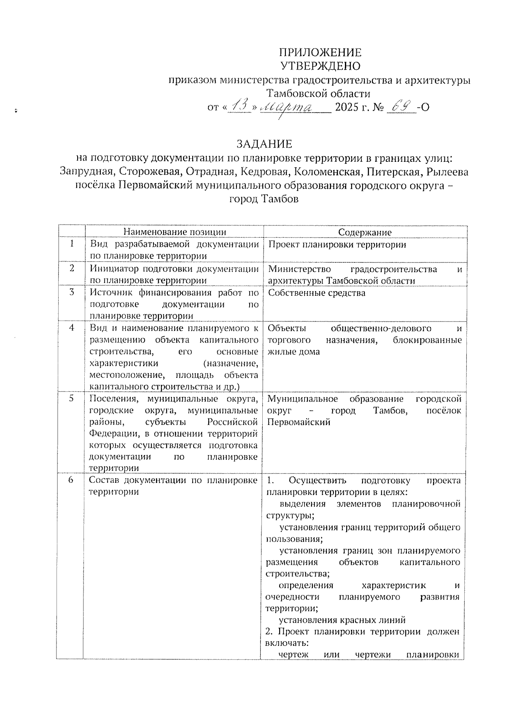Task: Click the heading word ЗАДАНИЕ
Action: [264, 144]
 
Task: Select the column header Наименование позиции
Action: [175, 232]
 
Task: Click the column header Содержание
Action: [365, 232]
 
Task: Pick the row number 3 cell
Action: [72, 292]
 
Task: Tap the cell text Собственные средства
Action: [316, 293]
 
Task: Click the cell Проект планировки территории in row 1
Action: [337, 245]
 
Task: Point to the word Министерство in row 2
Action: [299, 269]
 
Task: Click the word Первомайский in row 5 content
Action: [299, 422]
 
